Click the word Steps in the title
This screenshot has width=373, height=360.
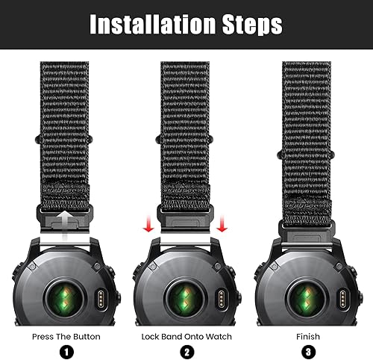coord(247,24)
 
